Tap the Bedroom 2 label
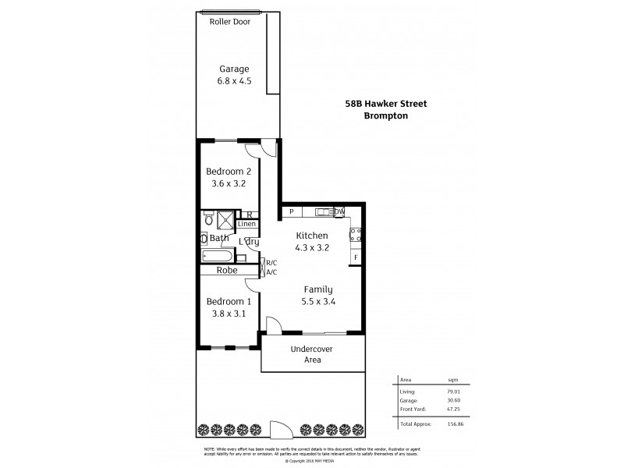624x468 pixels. point(228,172)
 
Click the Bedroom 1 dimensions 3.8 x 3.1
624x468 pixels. point(228,314)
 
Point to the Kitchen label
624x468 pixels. point(311,236)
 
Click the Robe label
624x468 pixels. point(228,271)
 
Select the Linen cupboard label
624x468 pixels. point(246,225)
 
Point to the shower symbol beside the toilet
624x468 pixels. point(225,219)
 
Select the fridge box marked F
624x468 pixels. point(356,257)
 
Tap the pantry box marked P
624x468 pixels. point(291,211)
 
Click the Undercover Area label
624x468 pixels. point(312,354)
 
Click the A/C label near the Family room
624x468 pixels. point(271,272)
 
